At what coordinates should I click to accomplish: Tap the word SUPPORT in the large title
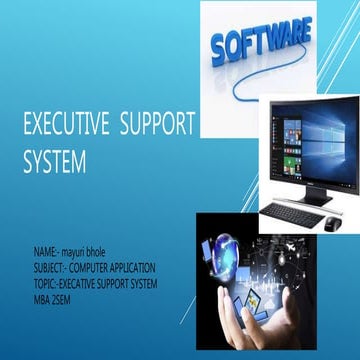[x=157, y=128]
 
